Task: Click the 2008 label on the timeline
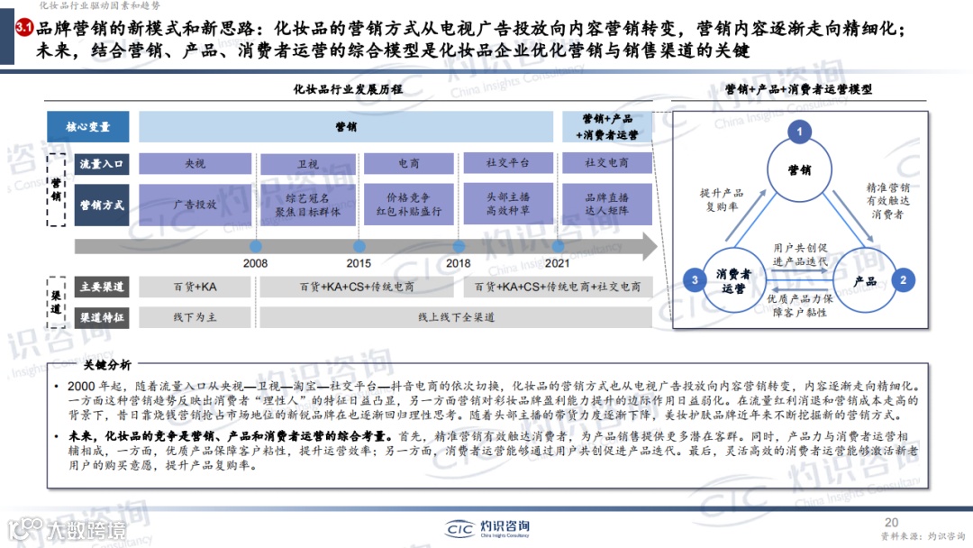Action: pos(255,263)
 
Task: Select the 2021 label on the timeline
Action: pos(558,263)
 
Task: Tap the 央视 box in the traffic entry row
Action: pos(196,164)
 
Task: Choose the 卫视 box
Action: pos(307,164)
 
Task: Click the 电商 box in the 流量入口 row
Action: pos(409,164)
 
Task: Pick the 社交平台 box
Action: pos(508,163)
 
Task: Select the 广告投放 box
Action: pos(196,205)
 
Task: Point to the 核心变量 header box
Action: pos(88,127)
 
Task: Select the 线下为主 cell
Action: pos(196,318)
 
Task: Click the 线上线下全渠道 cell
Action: pos(456,318)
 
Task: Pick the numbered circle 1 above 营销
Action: pos(798,132)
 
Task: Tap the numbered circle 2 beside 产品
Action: pos(904,280)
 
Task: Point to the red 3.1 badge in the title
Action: pos(24,30)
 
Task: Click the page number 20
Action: pos(892,523)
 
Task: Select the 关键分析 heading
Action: pos(106,365)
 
